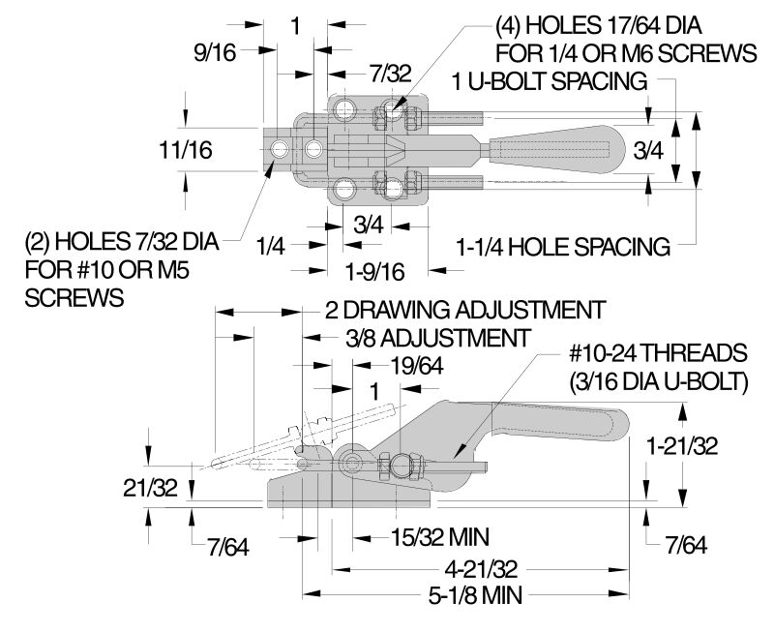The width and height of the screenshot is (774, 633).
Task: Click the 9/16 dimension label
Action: pyautogui.click(x=215, y=54)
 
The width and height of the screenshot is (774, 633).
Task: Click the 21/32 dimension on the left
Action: pyautogui.click(x=151, y=488)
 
